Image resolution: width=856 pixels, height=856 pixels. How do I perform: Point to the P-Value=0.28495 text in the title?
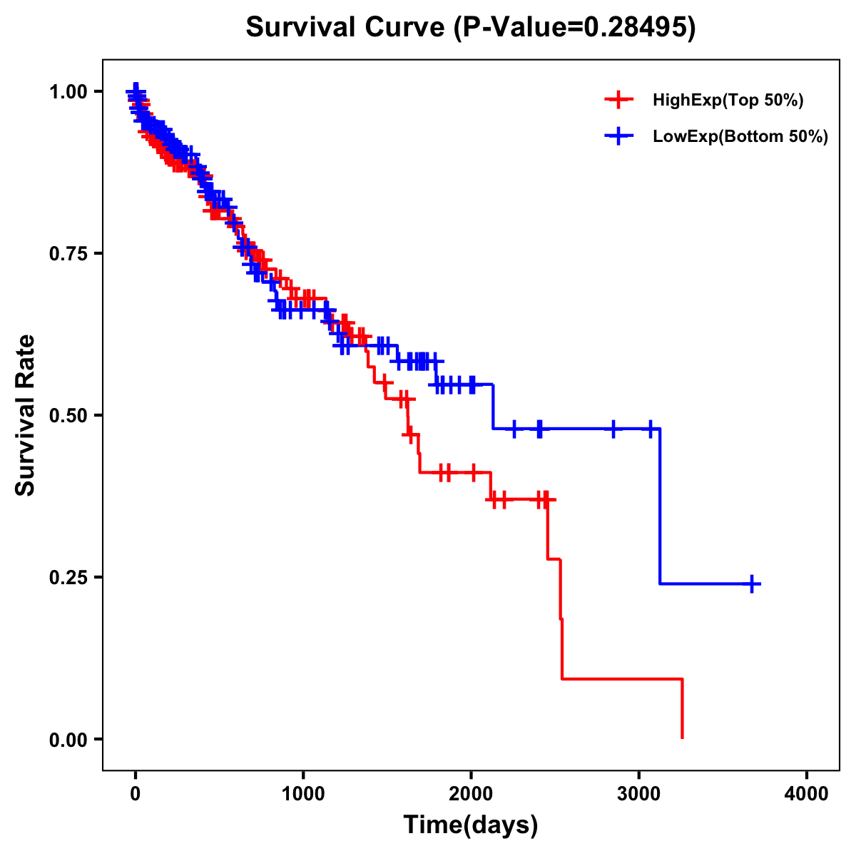[x=575, y=28]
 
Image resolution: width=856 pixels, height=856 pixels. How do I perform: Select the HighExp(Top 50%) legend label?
[x=728, y=101]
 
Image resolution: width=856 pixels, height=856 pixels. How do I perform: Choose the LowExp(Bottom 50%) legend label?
[x=740, y=137]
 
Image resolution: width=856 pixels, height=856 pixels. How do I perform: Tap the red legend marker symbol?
[x=618, y=100]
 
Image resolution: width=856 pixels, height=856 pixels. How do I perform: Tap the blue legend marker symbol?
[x=618, y=136]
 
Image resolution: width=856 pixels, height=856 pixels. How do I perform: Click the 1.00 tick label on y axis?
[x=68, y=92]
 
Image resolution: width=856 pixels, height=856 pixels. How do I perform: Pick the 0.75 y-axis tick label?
[x=68, y=254]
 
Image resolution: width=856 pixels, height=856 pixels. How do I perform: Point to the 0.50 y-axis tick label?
[x=68, y=415]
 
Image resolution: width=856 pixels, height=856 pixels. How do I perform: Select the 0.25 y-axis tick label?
[x=68, y=577]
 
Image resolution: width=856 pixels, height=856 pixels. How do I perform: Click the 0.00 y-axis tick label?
[x=68, y=739]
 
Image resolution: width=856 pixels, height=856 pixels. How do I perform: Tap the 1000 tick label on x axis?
[x=303, y=794]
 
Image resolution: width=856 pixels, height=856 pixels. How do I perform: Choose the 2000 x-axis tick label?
[x=471, y=794]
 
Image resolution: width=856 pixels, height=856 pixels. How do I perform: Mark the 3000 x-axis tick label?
[x=639, y=794]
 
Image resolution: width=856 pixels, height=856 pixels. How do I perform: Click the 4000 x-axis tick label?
[x=807, y=794]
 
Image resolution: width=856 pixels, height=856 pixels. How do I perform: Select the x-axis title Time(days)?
[x=471, y=825]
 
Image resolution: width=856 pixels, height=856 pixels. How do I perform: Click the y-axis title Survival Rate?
[x=26, y=415]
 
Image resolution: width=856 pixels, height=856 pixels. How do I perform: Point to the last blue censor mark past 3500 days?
[x=752, y=584]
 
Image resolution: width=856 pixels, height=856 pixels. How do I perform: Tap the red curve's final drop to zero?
[x=683, y=709]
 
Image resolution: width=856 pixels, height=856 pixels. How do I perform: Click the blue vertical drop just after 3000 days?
[x=660, y=506]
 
